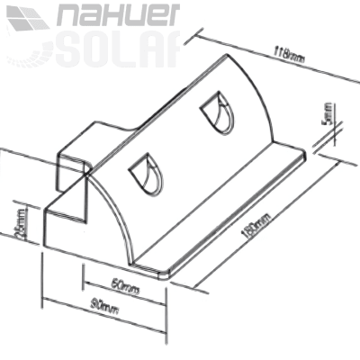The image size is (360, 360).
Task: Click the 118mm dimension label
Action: coord(290,56)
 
